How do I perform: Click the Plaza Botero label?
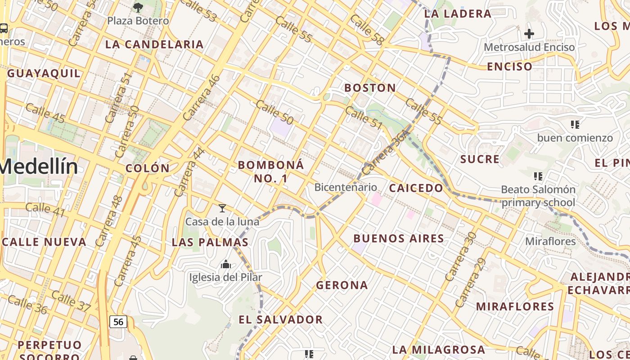pyautogui.click(x=138, y=21)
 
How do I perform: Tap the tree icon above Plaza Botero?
pyautogui.click(x=138, y=7)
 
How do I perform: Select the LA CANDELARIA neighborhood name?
pyautogui.click(x=154, y=45)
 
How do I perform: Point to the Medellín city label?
pyautogui.click(x=39, y=166)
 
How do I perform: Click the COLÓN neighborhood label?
pyautogui.click(x=148, y=168)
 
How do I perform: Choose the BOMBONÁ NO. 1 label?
pyautogui.click(x=271, y=171)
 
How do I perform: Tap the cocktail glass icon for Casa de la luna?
pyautogui.click(x=222, y=208)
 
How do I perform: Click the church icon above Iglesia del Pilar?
pyautogui.click(x=226, y=264)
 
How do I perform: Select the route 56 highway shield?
pyautogui.click(x=118, y=322)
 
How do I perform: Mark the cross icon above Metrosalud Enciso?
pyautogui.click(x=529, y=34)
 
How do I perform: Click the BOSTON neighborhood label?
pyautogui.click(x=370, y=88)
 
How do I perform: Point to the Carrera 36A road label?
pyautogui.click(x=386, y=153)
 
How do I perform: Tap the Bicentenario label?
pyautogui.click(x=346, y=187)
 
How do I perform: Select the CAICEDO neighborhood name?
pyautogui.click(x=416, y=188)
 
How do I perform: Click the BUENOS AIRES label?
pyautogui.click(x=399, y=238)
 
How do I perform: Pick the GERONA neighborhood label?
pyautogui.click(x=342, y=285)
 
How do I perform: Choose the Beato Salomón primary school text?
pyautogui.click(x=538, y=196)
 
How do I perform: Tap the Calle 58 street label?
pyautogui.click(x=366, y=30)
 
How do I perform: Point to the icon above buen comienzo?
pyautogui.click(x=575, y=125)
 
